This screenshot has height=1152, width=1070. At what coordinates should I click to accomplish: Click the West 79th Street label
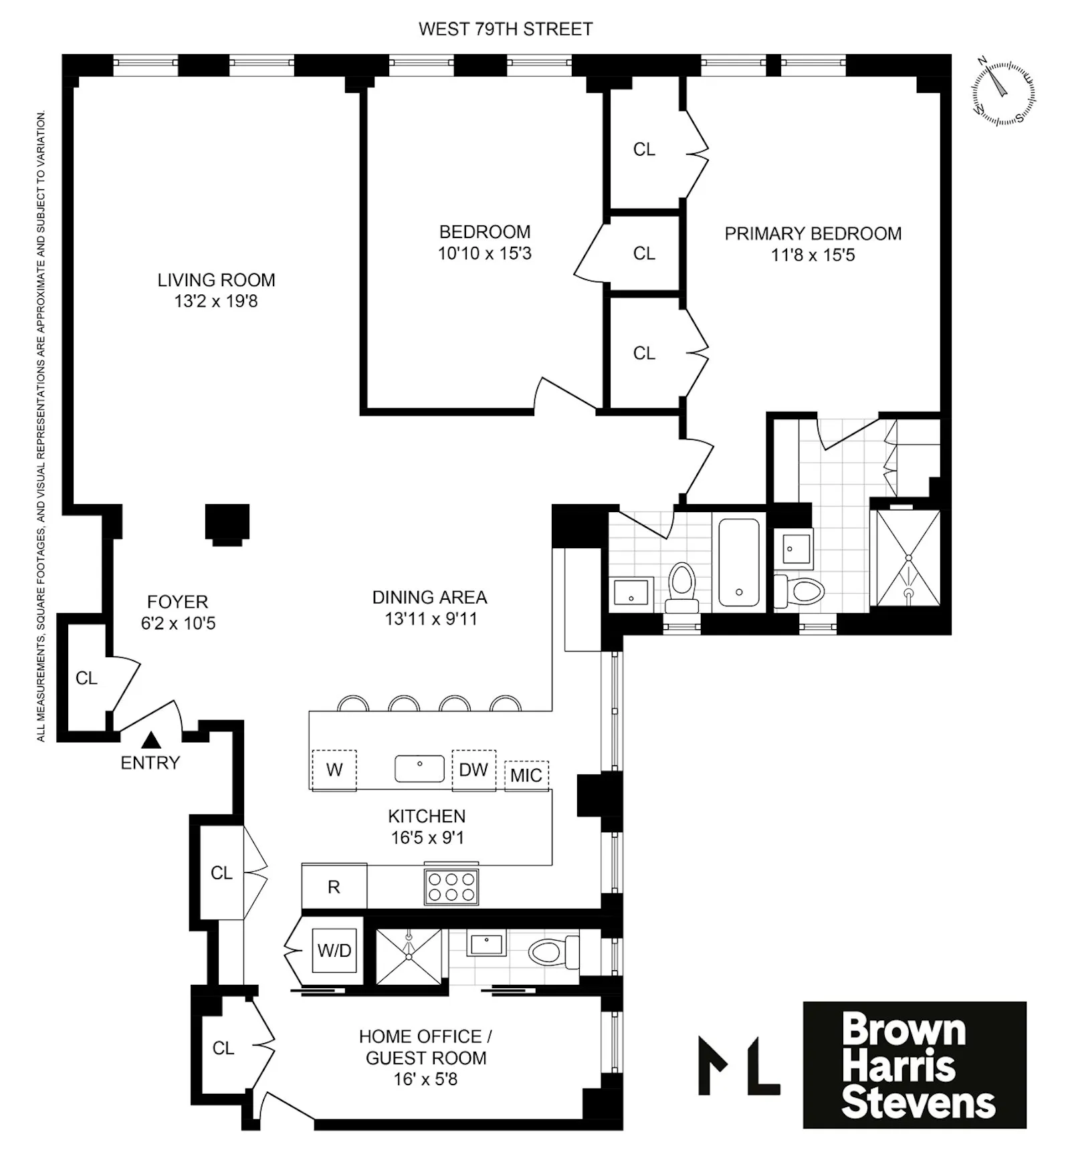pyautogui.click(x=505, y=29)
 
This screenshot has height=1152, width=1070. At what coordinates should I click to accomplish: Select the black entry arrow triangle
pyautogui.click(x=152, y=739)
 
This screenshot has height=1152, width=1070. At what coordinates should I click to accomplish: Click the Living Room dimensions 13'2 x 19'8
pyautogui.click(x=216, y=302)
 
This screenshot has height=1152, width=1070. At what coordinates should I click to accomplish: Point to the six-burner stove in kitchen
pyautogui.click(x=451, y=887)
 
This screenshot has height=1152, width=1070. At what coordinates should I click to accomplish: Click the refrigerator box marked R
pyautogui.click(x=334, y=887)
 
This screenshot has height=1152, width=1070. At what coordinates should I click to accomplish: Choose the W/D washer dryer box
pyautogui.click(x=334, y=950)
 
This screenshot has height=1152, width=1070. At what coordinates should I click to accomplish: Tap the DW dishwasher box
pyautogui.click(x=473, y=770)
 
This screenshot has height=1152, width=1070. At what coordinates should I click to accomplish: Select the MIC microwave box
pyautogui.click(x=526, y=775)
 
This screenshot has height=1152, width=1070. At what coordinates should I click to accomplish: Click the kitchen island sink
pyautogui.click(x=419, y=768)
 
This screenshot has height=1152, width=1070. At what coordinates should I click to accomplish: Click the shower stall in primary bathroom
pyautogui.click(x=908, y=558)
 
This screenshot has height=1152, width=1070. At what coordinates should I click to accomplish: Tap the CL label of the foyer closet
pyautogui.click(x=86, y=678)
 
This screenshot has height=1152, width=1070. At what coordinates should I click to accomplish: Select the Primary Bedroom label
pyautogui.click(x=813, y=233)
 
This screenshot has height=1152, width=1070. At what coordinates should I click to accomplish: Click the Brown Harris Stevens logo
pyautogui.click(x=914, y=1065)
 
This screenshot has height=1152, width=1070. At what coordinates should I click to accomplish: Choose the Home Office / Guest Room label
pyautogui.click(x=426, y=1047)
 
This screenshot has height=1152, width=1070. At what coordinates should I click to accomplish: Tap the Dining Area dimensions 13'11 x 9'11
pyautogui.click(x=431, y=619)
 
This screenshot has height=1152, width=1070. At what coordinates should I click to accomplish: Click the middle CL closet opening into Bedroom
pyautogui.click(x=644, y=253)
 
